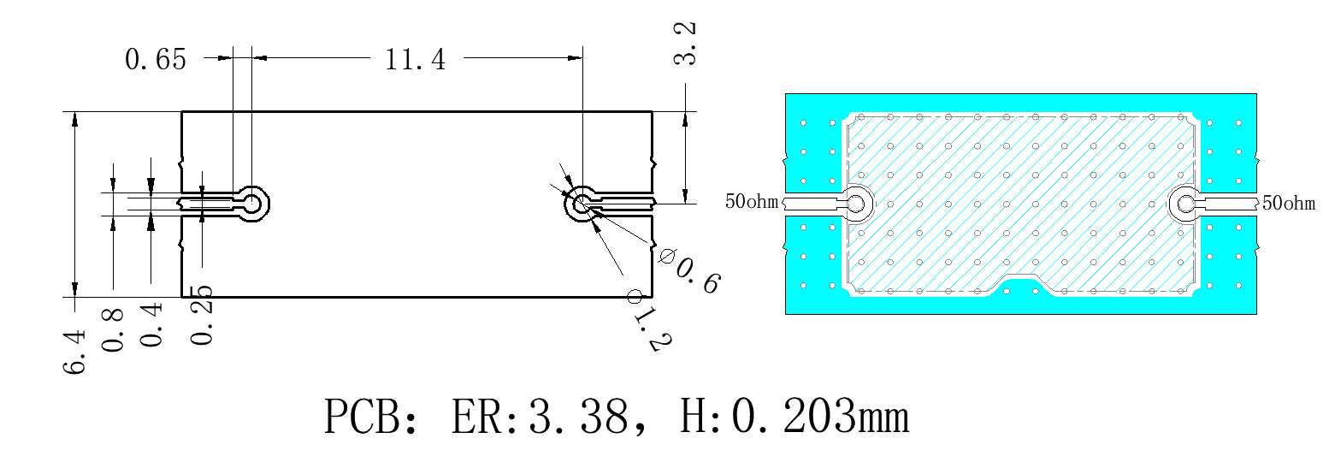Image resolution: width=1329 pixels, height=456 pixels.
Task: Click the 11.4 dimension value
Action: [416, 60]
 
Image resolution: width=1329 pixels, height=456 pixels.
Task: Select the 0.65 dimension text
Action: [156, 60]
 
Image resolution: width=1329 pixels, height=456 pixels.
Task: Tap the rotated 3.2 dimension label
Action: [685, 44]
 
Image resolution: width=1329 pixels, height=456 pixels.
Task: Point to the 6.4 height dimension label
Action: [74, 352]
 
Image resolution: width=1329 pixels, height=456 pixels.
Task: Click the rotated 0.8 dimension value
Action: [112, 330]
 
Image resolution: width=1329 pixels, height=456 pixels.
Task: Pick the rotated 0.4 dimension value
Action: [151, 324]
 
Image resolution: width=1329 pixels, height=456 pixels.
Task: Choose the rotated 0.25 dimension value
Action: [201, 316]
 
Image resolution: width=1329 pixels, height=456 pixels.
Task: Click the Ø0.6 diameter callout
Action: [690, 272]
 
